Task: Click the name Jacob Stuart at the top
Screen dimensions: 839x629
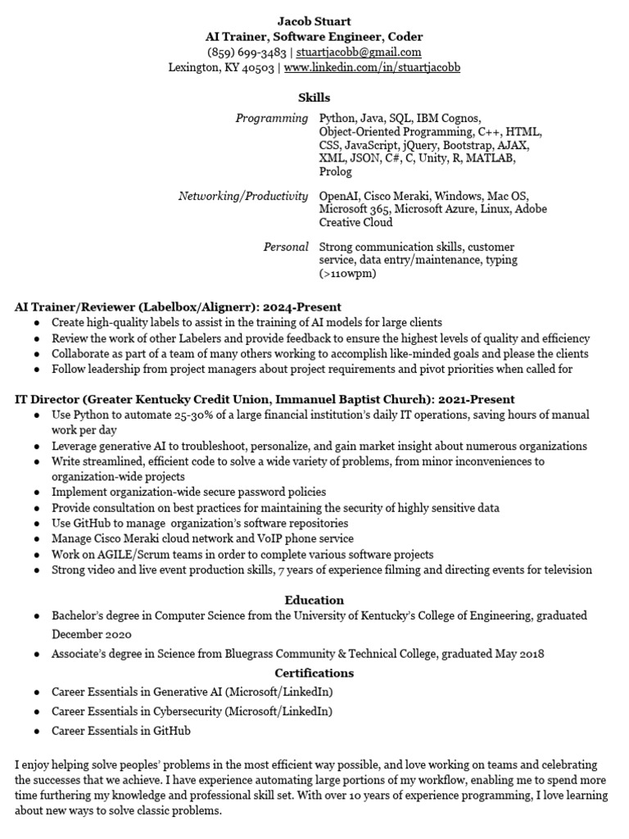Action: [314, 21]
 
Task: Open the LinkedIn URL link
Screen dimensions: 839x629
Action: [372, 67]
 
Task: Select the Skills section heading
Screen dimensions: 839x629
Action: [314, 98]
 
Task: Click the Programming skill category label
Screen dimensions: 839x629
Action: [272, 119]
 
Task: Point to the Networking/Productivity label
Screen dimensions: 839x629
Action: [243, 197]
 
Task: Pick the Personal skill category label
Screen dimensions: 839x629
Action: [286, 247]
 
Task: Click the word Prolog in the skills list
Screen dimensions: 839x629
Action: [335, 172]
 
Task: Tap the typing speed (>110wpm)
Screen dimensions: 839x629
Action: [347, 274]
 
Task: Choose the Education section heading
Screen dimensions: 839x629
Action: [314, 600]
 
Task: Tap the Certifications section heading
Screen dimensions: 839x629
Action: [314, 673]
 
